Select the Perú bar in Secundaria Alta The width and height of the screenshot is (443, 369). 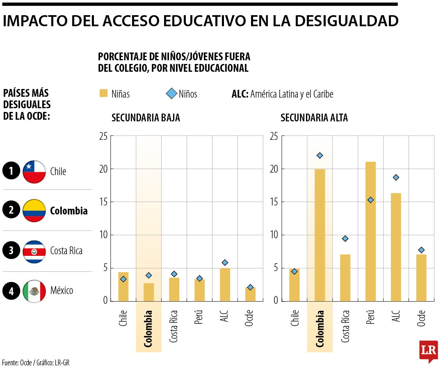(x=370, y=231)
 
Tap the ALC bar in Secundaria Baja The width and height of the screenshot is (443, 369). (x=225, y=285)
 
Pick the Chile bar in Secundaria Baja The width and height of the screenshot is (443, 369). (x=123, y=286)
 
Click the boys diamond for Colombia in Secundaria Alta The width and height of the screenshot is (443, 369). (x=320, y=155)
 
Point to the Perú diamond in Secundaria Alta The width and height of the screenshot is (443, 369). (x=370, y=200)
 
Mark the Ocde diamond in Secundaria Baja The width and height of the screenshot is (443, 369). (x=250, y=287)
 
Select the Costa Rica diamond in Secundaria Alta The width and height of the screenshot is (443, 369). (x=345, y=239)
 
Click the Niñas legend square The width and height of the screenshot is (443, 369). (x=103, y=94)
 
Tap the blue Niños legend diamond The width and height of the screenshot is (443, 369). (x=171, y=94)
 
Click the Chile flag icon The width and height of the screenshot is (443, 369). (x=34, y=172)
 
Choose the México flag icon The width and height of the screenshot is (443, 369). (x=34, y=291)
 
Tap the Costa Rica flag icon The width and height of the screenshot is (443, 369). (x=34, y=251)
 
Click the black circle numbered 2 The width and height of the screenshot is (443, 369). (x=11, y=211)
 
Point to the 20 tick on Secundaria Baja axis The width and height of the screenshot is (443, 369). (x=103, y=169)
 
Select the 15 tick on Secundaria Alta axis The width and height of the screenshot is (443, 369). (x=274, y=202)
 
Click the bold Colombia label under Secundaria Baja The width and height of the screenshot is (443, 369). (x=148, y=329)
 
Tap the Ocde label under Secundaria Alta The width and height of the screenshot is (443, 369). (x=421, y=318)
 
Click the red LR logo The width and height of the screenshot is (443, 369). (x=428, y=351)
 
